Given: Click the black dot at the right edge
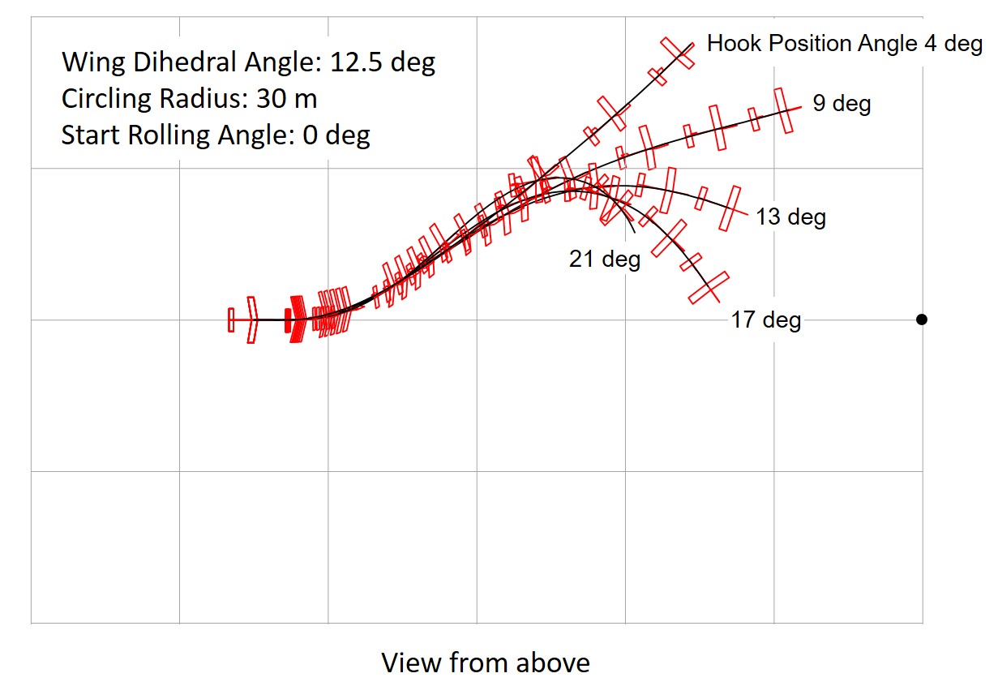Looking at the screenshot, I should (922, 319).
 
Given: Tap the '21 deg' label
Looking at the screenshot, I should (605, 259).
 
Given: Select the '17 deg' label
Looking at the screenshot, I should (765, 320).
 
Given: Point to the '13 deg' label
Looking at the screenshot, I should (790, 217).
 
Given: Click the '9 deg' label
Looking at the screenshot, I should (842, 104).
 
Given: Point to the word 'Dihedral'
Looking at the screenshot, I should (177, 62).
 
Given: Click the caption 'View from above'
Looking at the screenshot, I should (486, 663).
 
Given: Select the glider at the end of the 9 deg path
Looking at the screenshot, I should (783, 110).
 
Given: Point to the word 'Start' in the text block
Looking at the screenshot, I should (90, 135).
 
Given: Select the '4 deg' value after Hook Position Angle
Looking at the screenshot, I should (953, 44).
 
